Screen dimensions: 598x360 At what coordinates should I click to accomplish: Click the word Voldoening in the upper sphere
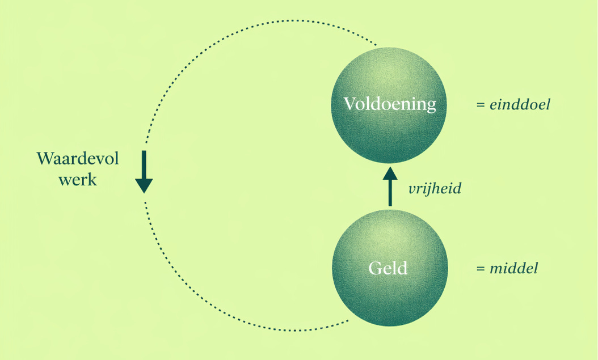(x=390, y=104)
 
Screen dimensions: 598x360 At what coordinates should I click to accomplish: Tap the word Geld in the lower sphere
(x=388, y=268)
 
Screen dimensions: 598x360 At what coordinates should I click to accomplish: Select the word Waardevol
(x=78, y=159)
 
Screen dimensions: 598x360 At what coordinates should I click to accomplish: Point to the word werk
(x=77, y=180)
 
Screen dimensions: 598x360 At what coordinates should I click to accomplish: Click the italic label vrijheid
(x=435, y=189)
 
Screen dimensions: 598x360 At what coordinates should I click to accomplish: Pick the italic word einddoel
(x=520, y=105)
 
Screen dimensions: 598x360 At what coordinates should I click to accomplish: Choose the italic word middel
(x=514, y=268)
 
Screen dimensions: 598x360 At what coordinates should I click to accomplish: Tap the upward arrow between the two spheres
(x=390, y=187)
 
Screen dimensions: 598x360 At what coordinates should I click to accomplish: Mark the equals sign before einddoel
(x=481, y=105)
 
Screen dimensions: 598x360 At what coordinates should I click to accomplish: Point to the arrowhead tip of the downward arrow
(x=144, y=192)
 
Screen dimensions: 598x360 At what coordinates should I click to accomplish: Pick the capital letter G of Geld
(x=375, y=268)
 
